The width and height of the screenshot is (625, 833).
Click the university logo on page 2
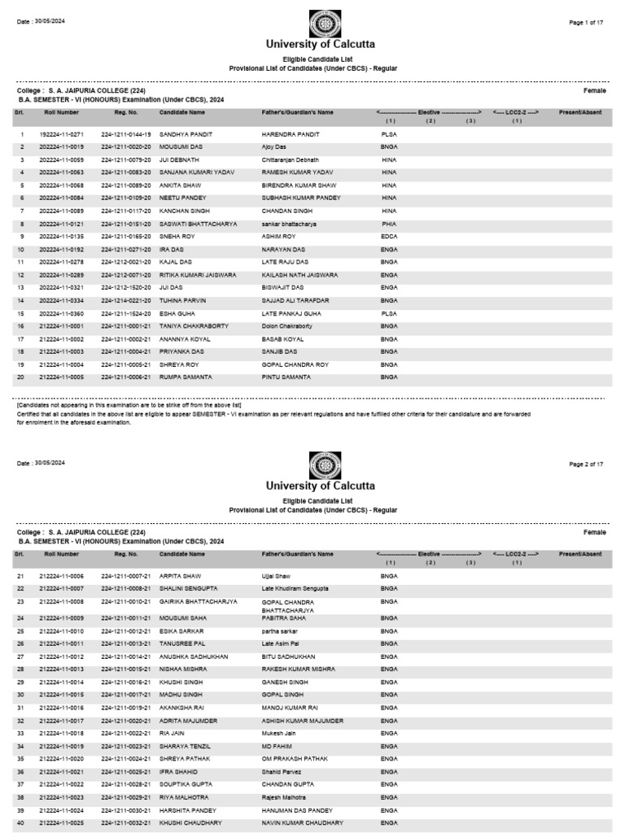click(x=320, y=465)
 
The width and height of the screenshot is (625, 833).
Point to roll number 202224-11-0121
click(x=62, y=224)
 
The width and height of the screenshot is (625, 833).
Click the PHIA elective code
click(x=389, y=224)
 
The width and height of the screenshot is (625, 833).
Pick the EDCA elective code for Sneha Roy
click(x=389, y=236)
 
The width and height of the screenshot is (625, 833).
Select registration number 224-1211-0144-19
click(x=126, y=133)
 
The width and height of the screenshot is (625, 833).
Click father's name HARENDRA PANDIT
click(x=291, y=133)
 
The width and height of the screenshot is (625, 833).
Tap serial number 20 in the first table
click(x=22, y=377)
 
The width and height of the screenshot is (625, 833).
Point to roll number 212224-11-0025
click(x=62, y=823)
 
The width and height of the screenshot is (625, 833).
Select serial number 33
click(x=22, y=733)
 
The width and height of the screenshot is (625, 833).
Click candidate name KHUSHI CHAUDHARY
click(x=191, y=823)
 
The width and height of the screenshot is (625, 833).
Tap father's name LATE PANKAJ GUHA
click(x=291, y=313)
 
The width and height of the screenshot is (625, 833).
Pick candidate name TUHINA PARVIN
click(x=182, y=300)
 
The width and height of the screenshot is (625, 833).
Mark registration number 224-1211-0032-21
click(x=126, y=823)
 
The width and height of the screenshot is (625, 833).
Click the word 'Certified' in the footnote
click(x=30, y=413)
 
